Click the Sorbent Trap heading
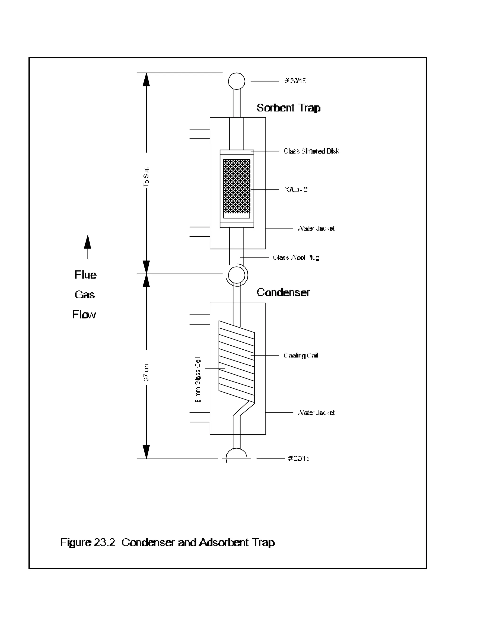click(x=288, y=108)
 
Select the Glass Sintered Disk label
click(x=311, y=151)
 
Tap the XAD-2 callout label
click(x=296, y=189)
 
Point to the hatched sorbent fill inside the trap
click(x=237, y=186)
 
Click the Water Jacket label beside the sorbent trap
click(x=316, y=228)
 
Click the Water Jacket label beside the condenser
click(x=316, y=412)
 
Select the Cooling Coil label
click(x=301, y=356)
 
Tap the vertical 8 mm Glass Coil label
click(x=198, y=379)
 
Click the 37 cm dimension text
click(x=146, y=372)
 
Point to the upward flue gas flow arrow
click(x=87, y=246)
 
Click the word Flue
click(x=86, y=275)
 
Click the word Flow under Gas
click(x=84, y=314)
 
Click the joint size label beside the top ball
click(x=295, y=81)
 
